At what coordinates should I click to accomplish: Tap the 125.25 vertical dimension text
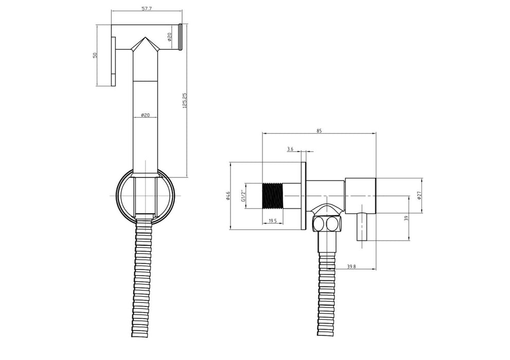185,100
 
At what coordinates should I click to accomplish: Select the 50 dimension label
95,55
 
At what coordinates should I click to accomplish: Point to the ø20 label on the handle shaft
145,115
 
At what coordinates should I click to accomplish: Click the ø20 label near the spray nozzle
170,37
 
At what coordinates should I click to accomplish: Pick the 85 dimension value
319,131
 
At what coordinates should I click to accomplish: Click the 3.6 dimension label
290,149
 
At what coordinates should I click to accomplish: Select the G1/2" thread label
243,195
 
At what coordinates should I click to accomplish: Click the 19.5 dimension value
273,221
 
